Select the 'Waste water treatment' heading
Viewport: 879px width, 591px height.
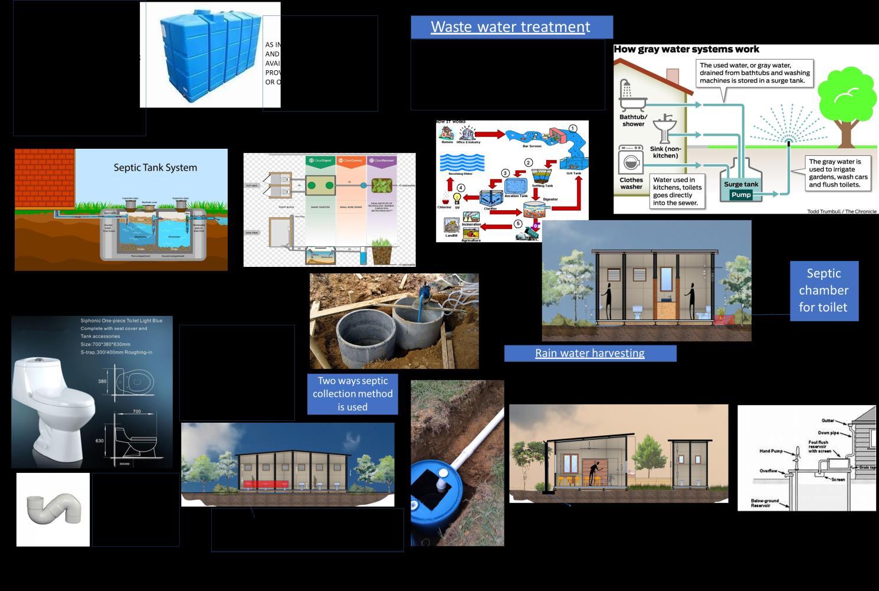point(511,27)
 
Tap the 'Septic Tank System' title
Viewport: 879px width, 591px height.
point(155,168)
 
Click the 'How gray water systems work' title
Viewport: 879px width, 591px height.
point(686,50)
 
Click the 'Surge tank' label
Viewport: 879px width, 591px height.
point(741,184)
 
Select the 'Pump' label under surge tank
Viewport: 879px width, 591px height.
point(741,195)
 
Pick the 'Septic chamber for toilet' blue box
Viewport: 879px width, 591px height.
point(824,290)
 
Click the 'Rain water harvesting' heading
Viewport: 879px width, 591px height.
point(590,354)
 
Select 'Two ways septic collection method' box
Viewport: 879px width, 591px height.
point(353,394)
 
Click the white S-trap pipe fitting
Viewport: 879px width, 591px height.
point(53,509)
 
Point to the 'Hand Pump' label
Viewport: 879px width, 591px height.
point(770,452)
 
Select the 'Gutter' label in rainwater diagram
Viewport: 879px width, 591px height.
point(828,421)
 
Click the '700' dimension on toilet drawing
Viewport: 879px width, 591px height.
point(137,412)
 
